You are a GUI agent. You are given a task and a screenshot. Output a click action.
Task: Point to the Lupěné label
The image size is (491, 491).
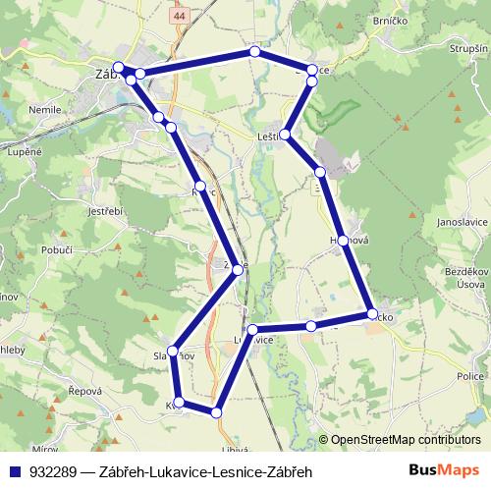(x=25, y=153)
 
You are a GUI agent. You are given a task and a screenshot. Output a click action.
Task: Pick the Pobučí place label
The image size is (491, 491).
(x=56, y=251)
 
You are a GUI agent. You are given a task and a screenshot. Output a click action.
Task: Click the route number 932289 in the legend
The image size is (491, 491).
(x=54, y=472)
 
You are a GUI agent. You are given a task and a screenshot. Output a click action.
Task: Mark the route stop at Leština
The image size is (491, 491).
(x=286, y=135)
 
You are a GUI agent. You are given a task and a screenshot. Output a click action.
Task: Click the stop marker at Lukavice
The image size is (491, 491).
(x=252, y=330)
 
